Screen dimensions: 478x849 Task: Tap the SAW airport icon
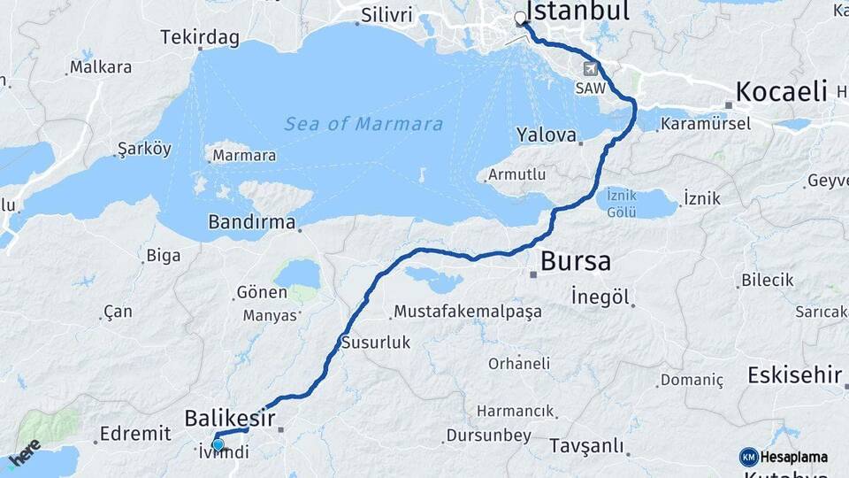pyautogui.click(x=590, y=69)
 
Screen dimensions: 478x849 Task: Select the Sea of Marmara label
pyautogui.click(x=363, y=124)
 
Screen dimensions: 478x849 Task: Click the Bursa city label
pyautogui.click(x=575, y=262)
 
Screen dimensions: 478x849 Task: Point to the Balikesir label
pyautogui.click(x=229, y=418)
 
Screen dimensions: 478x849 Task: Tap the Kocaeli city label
pyautogui.click(x=781, y=91)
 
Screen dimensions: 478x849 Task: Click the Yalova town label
pyautogui.click(x=547, y=136)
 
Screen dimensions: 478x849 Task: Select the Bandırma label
pyautogui.click(x=251, y=222)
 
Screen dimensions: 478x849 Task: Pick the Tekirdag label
pyautogui.click(x=199, y=37)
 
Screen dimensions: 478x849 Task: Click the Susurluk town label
pyautogui.click(x=376, y=343)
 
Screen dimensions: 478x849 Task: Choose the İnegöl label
pyautogui.click(x=600, y=297)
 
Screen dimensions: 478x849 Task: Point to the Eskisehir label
pyautogui.click(x=794, y=374)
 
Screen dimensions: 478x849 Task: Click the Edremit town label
pyautogui.click(x=135, y=433)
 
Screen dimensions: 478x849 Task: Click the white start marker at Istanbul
pyautogui.click(x=520, y=17)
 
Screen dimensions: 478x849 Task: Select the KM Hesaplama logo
pyautogui.click(x=784, y=457)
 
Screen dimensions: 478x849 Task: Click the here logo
pyautogui.click(x=24, y=453)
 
